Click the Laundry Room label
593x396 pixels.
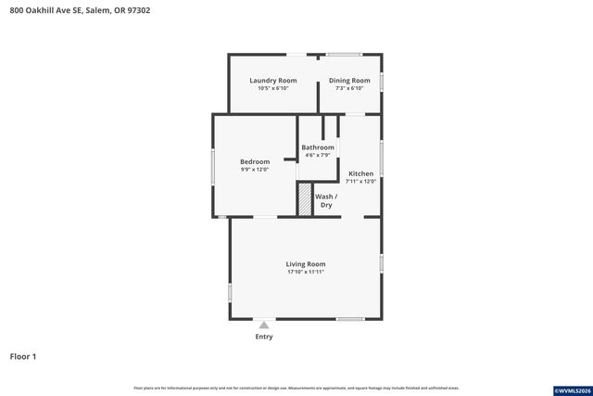273,81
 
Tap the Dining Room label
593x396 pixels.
349,81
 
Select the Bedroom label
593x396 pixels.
255,161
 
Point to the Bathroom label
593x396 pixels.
318,147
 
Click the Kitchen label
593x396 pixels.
360,173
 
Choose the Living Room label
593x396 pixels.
306,264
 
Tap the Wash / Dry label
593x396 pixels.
325,200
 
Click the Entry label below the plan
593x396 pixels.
264,337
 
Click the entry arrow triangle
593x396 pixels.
264,325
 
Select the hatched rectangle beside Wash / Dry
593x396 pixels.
304,200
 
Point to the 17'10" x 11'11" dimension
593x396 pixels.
306,273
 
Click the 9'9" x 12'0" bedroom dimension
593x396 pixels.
255,170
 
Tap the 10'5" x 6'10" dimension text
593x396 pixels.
273,89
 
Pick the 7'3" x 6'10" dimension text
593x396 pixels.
349,89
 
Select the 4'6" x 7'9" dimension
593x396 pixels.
318,155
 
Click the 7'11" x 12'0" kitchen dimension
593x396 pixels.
360,182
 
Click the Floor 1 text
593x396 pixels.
23,356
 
